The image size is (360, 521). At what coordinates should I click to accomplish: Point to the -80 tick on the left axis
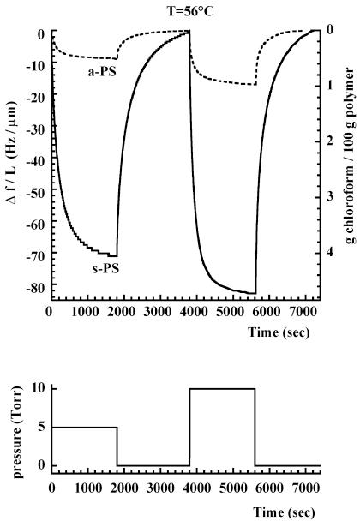tap(33, 287)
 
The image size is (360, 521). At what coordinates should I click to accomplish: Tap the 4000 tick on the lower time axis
tap(190, 487)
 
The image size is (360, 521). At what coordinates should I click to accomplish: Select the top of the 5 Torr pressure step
tap(85, 427)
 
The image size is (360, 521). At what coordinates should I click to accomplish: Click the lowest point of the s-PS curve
tap(254, 293)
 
